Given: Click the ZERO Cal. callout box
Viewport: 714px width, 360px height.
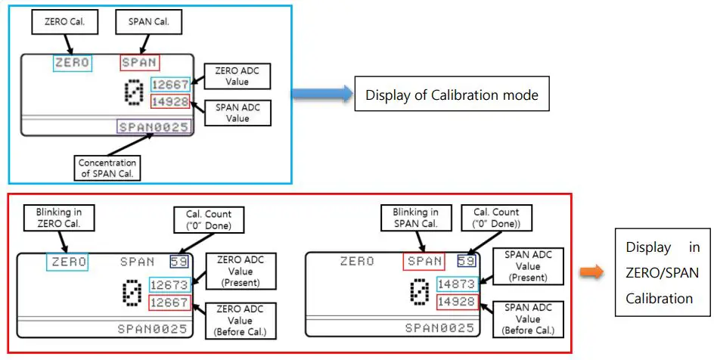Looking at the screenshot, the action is coord(64,21).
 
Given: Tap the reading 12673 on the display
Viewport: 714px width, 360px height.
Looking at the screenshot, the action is coord(169,285).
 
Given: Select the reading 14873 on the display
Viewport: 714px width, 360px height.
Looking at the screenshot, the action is coord(457,284).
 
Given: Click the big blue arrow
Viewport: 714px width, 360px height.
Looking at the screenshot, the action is coord(322,94).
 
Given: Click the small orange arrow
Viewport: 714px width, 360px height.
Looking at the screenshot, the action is coord(591,272).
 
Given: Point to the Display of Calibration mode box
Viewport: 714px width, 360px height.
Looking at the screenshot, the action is coord(452,95).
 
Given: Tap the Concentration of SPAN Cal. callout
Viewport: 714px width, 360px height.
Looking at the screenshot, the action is coord(107,168).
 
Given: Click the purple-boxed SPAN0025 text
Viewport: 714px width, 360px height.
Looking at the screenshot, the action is coord(154,127).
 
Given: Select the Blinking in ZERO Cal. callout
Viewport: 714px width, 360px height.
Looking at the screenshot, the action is coord(60,218).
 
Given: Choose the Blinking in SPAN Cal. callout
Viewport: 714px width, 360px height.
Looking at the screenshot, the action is coord(417,218).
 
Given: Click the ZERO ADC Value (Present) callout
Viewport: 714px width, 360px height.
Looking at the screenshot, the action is coord(241,272).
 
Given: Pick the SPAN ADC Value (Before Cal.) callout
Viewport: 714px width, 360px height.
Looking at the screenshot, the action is coord(528,319).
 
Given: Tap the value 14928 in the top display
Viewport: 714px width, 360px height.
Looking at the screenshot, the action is coord(170,102).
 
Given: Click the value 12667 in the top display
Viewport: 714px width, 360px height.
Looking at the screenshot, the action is coord(170,85).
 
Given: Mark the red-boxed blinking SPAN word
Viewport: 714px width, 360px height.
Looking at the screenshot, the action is coord(424,261).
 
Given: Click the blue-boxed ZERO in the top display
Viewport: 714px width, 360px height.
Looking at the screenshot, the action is coord(73,63).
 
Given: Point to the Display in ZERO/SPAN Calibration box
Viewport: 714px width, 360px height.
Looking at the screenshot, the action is coord(663,272).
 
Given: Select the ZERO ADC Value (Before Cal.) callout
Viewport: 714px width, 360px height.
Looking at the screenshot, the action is coord(241,321).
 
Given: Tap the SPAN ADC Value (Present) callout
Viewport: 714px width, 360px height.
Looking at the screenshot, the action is coord(528,266).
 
